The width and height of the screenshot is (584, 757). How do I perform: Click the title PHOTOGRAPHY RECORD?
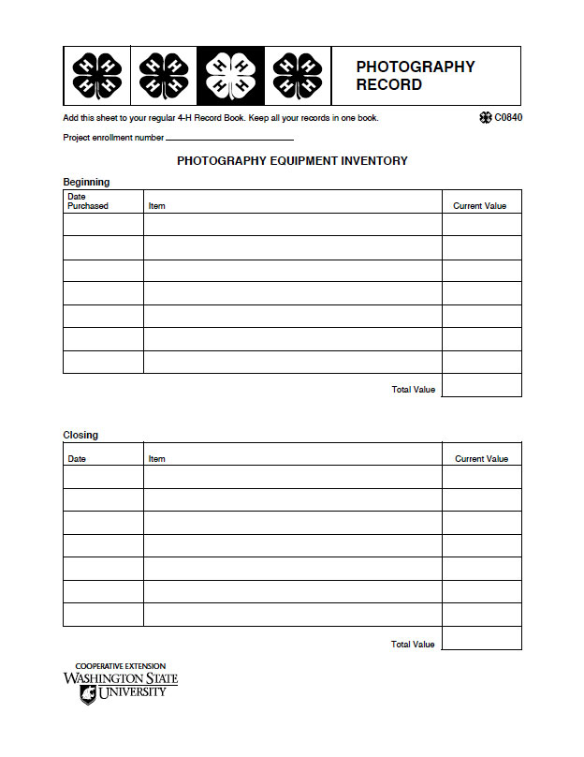[415, 76]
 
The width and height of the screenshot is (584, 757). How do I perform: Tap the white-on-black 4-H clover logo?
[230, 76]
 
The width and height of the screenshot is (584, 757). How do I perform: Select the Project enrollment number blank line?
[229, 140]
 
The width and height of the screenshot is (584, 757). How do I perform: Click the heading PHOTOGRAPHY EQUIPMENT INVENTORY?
[292, 161]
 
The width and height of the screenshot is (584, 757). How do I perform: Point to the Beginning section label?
[86, 182]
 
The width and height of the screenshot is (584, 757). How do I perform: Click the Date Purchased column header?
[88, 201]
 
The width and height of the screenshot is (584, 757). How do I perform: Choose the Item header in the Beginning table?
[156, 206]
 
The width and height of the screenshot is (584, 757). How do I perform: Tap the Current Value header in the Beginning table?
[480, 206]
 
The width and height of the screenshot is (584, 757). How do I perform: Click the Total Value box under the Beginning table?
[481, 385]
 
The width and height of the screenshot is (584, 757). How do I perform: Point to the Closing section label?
[80, 435]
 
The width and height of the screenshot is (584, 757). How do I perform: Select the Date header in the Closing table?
[77, 459]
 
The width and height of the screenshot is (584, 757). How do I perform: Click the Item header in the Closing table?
[156, 459]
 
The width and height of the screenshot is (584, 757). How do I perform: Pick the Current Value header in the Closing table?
[481, 459]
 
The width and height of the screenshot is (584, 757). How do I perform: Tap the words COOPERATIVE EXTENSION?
[120, 666]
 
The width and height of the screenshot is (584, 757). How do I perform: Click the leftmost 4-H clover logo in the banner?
[97, 76]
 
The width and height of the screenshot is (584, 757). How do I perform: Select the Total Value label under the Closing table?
[413, 645]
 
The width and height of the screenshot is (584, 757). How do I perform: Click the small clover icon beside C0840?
[485, 118]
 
